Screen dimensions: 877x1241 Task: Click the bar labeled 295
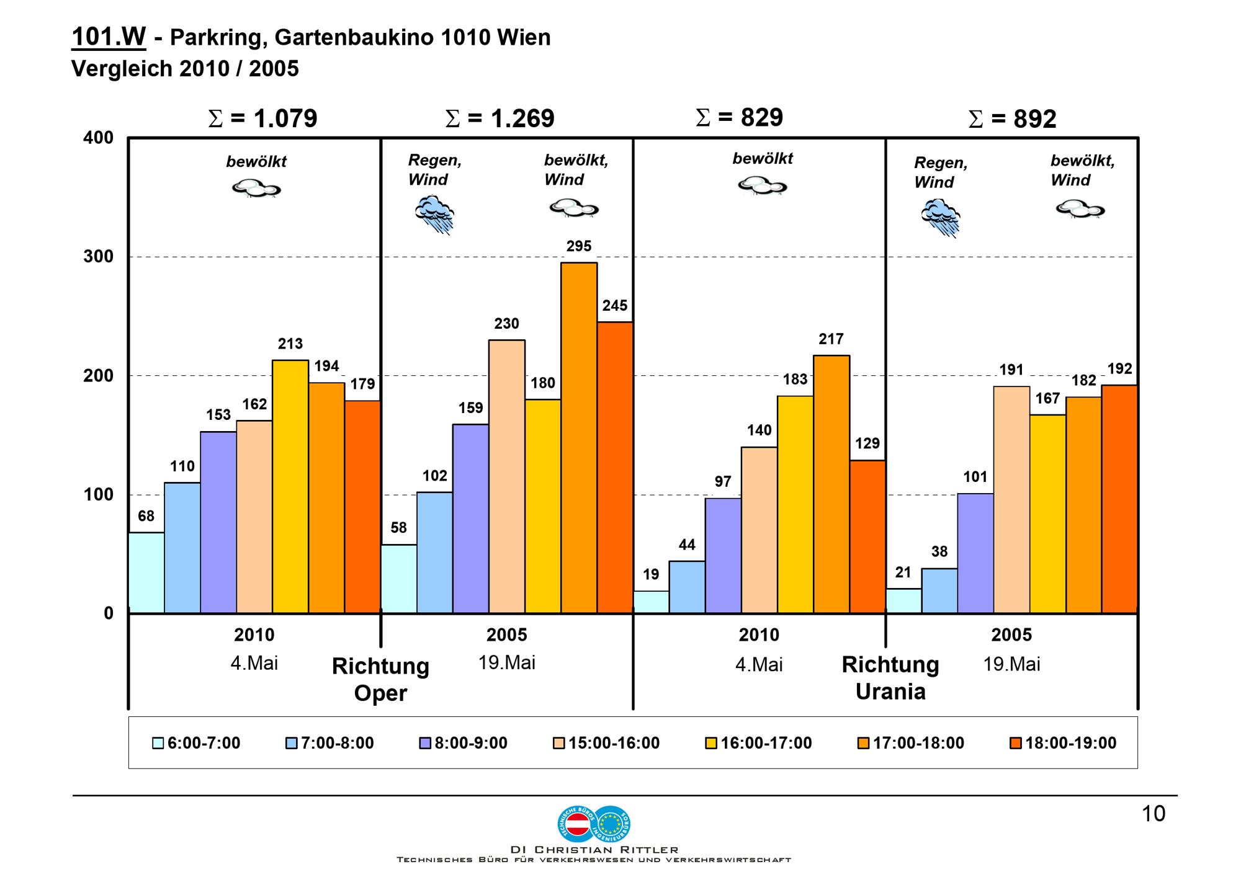tap(579, 437)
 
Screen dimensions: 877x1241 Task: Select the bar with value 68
tap(146, 572)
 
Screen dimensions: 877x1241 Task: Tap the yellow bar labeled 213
tap(290, 486)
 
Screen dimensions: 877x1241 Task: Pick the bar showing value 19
tap(651, 602)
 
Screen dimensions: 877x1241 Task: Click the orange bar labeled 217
tap(831, 484)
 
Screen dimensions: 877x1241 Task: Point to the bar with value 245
tap(615, 467)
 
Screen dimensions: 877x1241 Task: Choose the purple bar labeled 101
tap(975, 553)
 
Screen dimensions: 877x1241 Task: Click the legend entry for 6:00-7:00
tap(196, 743)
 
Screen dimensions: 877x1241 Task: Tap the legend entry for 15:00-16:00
tap(606, 743)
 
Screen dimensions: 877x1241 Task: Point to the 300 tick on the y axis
tap(99, 257)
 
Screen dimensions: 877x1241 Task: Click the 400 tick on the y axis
tap(99, 138)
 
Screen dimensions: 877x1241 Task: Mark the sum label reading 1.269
tap(500, 118)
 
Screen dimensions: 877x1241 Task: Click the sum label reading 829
tap(740, 117)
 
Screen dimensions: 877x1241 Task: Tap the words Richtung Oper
tap(380, 679)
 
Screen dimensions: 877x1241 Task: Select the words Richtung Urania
tap(890, 678)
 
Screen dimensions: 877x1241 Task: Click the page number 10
tap(1154, 814)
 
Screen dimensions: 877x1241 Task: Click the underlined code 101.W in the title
tap(109, 37)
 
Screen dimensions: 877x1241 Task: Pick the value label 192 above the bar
tap(1120, 368)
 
